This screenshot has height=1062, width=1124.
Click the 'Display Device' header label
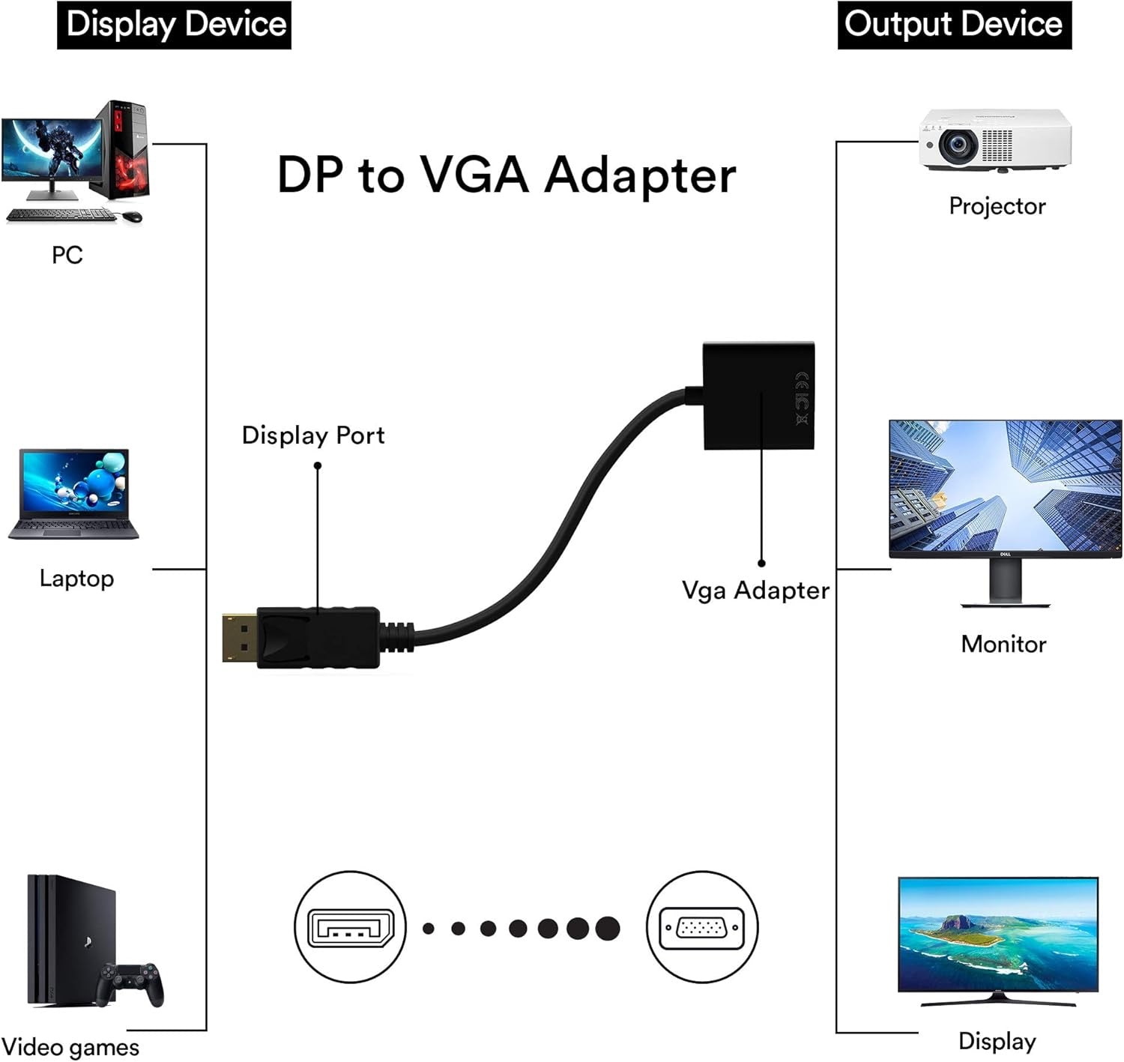pyautogui.click(x=174, y=25)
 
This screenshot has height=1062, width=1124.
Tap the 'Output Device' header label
pyautogui.click(x=954, y=25)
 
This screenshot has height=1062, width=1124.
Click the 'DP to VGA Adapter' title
pyautogui.click(x=506, y=175)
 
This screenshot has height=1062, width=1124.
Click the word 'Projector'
pyautogui.click(x=997, y=206)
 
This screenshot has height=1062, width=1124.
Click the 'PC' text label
pyautogui.click(x=67, y=256)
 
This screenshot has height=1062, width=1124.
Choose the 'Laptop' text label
pyautogui.click(x=76, y=579)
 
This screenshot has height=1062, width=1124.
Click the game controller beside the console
pyautogui.click(x=133, y=983)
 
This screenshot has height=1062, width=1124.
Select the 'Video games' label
pyautogui.click(x=70, y=1047)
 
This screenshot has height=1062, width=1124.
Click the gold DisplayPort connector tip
pyautogui.click(x=239, y=638)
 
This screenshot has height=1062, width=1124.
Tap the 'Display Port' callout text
pyautogui.click(x=312, y=435)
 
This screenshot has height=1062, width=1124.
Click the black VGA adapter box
pyautogui.click(x=758, y=395)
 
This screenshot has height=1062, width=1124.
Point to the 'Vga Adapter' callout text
pyautogui.click(x=755, y=591)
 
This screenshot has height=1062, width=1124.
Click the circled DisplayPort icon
pyautogui.click(x=350, y=928)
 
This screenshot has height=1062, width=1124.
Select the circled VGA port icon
pyautogui.click(x=701, y=928)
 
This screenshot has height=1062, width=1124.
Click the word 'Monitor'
pyautogui.click(x=1003, y=644)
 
